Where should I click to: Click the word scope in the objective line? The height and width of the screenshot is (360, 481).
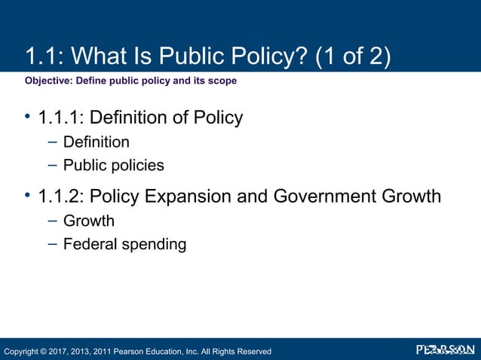(x=223, y=81)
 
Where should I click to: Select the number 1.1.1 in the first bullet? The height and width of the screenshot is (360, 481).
(x=60, y=117)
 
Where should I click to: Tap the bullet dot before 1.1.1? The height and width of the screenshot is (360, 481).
(x=27, y=117)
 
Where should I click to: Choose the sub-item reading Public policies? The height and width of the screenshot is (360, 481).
(x=113, y=165)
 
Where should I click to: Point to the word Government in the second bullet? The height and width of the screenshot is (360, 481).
(x=326, y=197)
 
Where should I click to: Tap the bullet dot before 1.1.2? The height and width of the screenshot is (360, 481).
(x=27, y=196)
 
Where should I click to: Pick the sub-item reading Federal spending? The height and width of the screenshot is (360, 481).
(x=124, y=244)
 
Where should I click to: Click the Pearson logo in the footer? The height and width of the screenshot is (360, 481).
(x=446, y=350)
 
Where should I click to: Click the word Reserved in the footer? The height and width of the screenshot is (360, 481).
(x=252, y=351)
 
